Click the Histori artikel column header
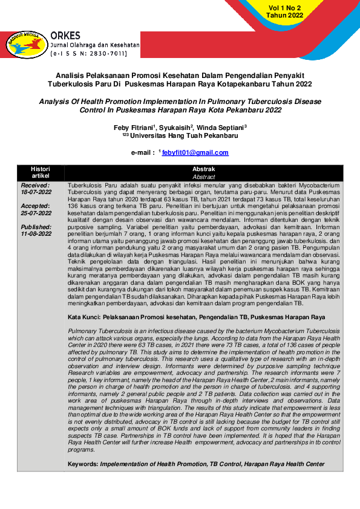(41, 172)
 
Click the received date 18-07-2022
(36, 192)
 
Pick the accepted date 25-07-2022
(36, 212)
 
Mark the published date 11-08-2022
(36, 233)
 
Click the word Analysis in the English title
(56, 102)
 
